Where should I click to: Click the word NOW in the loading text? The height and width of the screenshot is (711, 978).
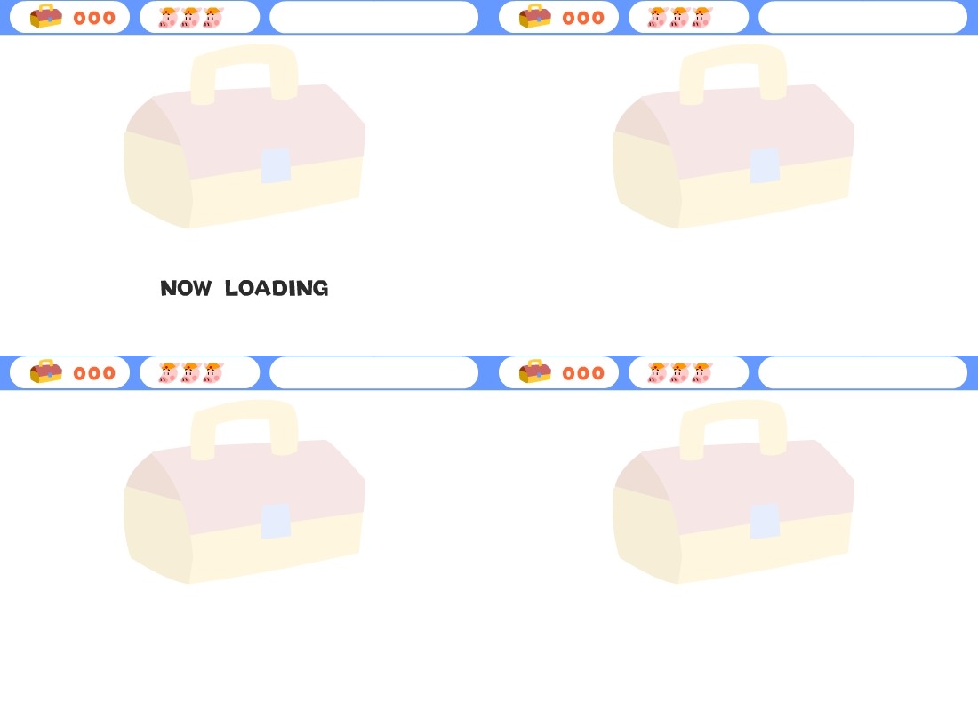coord(186,288)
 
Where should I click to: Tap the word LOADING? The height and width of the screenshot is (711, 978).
coord(277,288)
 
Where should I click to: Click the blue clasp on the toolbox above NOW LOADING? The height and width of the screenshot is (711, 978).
coord(276,165)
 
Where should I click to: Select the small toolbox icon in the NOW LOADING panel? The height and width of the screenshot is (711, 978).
coord(46,17)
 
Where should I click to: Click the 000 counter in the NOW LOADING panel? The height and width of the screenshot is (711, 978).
coord(94,18)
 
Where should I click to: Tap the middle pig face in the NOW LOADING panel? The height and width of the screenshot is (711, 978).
coord(190,18)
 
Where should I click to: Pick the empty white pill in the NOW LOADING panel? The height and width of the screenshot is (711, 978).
coord(373,17)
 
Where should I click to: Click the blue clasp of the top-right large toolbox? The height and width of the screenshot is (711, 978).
coord(765,165)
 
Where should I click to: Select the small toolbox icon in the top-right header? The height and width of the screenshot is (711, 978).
coord(535,17)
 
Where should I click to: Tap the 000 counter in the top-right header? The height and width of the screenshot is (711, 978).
coord(583,18)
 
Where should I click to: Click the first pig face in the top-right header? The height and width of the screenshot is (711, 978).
coord(657,18)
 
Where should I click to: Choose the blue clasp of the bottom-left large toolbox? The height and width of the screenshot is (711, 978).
coord(276,521)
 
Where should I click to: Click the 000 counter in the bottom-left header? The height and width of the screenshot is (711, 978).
coord(94,373)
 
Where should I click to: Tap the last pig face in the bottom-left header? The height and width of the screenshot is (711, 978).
coord(212,373)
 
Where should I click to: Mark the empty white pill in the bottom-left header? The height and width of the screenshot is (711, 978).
coord(373,372)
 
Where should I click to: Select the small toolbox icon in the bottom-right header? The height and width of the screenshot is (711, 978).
coord(535,372)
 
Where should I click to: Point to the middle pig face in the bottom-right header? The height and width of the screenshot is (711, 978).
coord(679,373)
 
